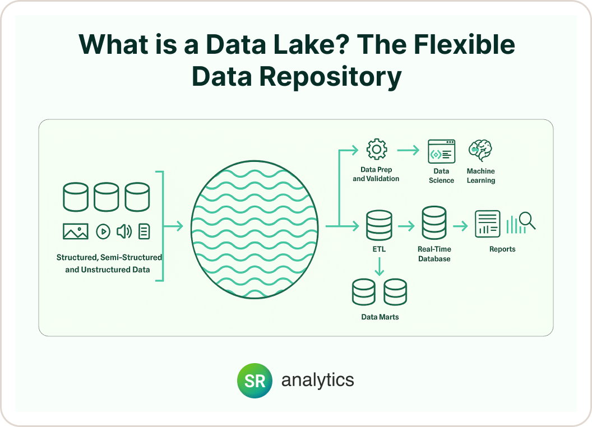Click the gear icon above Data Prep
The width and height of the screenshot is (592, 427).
tap(376, 150)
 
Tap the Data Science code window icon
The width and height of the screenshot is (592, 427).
tap(441, 151)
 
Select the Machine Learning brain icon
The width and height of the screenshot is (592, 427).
tap(480, 150)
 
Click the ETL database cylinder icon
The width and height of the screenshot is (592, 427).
tap(379, 225)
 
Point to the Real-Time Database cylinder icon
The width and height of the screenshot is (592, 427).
tap(434, 223)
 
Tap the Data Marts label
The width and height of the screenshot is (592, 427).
tap(380, 317)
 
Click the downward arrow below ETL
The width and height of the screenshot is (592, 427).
tap(380, 267)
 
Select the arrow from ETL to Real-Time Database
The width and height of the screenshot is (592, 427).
tap(406, 226)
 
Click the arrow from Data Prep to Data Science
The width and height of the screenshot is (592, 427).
tap(408, 150)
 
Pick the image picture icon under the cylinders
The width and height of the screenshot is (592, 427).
tap(76, 231)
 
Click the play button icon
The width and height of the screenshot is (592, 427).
tap(103, 231)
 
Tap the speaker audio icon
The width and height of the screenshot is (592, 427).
tap(124, 231)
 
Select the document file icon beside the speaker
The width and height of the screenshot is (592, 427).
tap(144, 231)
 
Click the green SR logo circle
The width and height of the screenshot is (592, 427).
tap(255, 380)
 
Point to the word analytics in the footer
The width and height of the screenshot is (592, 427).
tap(317, 380)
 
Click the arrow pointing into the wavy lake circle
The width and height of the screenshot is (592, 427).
tap(174, 226)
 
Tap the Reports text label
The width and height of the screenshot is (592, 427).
tap(502, 249)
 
